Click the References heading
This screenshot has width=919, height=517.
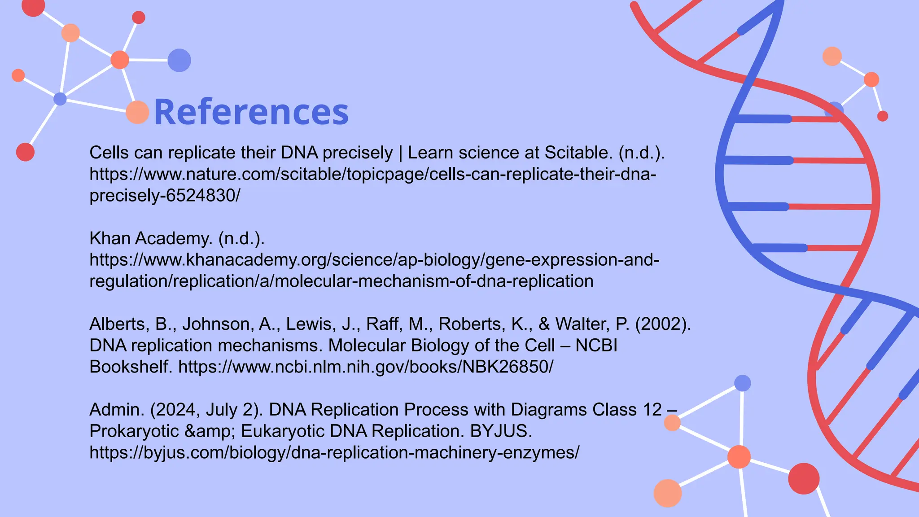(x=251, y=112)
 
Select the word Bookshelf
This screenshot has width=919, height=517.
(x=131, y=367)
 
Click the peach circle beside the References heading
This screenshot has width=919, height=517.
(x=137, y=112)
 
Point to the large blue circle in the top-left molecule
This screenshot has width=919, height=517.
(x=179, y=60)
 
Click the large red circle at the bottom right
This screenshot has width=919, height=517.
(x=804, y=478)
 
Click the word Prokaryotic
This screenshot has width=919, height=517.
(x=134, y=431)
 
